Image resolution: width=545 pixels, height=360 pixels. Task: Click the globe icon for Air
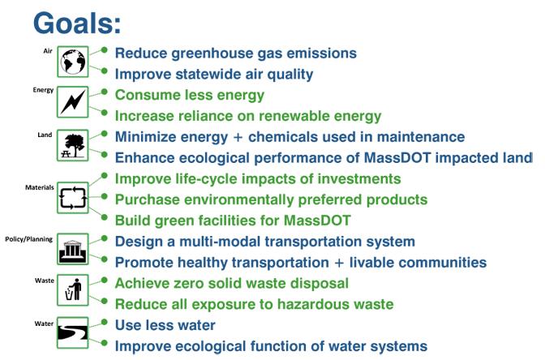tap(73, 62)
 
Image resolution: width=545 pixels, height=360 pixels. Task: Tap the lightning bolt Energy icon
tap(73, 103)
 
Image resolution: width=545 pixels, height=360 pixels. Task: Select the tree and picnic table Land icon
tap(73, 145)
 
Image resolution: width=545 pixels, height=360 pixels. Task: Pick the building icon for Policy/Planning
tap(73, 251)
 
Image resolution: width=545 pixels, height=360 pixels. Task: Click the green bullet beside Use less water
tap(104, 324)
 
